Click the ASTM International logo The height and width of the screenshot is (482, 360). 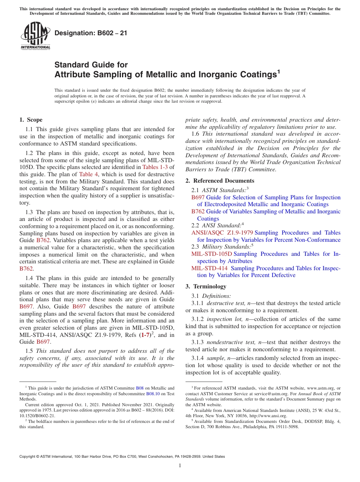[35, 36]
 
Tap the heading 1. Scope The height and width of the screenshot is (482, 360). [31, 120]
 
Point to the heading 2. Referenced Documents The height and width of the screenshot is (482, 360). [220, 181]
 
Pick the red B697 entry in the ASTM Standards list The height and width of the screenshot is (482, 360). [198, 197]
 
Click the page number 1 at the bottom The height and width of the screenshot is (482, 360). [180, 466]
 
